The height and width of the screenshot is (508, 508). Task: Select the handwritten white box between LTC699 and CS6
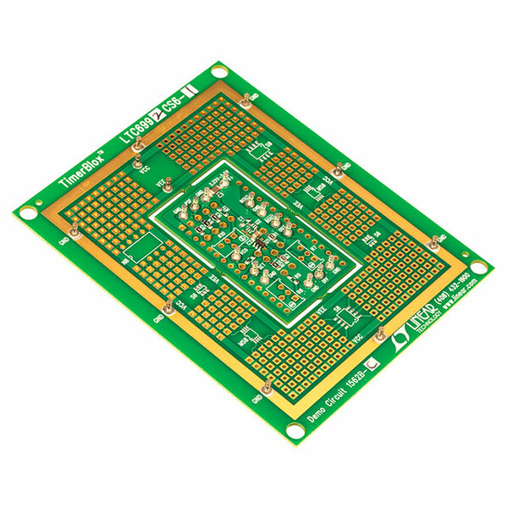(x=157, y=110)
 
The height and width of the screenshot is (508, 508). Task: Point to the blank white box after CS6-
(x=190, y=87)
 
